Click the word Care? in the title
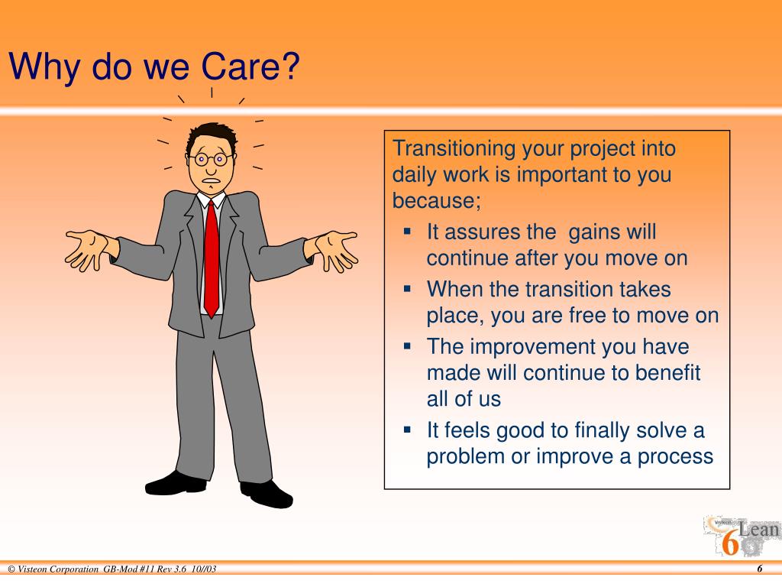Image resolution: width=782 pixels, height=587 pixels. coord(250,66)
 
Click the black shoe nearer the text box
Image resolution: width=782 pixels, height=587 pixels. coord(267,494)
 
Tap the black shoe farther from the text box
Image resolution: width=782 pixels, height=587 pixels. coord(176,483)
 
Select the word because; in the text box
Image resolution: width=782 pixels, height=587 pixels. coord(436,200)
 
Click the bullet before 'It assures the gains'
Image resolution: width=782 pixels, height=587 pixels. coord(408,231)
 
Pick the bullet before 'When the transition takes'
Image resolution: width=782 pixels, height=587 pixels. coord(408,288)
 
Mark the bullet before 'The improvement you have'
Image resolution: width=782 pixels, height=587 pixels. coord(408,345)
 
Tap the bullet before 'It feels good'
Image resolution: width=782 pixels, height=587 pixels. coord(408,430)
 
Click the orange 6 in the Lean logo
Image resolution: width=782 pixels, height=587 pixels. coord(730,543)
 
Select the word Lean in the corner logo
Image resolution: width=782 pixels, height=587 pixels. coord(758,529)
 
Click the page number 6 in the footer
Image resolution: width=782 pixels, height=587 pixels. coord(760,569)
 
